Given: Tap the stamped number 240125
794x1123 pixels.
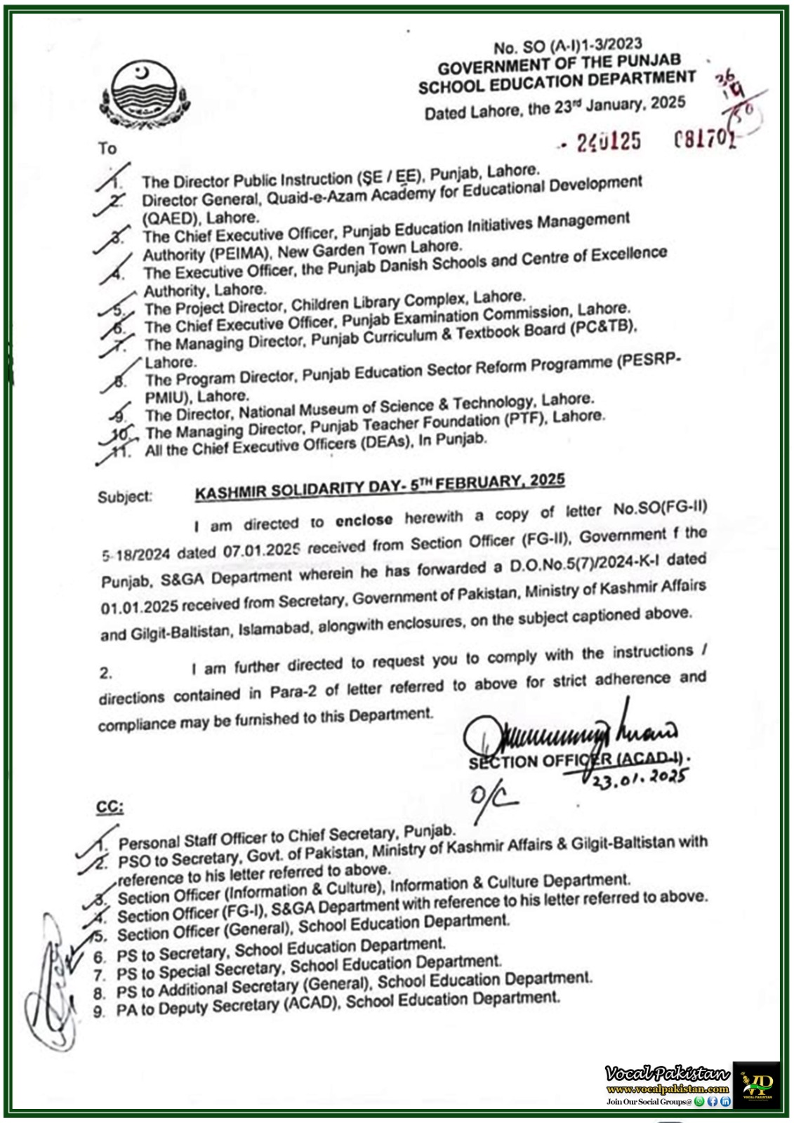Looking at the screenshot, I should [x=609, y=142].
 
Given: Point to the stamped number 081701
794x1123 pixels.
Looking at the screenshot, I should [x=705, y=138].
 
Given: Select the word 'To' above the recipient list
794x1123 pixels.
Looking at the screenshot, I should [x=107, y=148].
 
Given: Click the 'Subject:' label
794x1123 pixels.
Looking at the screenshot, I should [x=124, y=497].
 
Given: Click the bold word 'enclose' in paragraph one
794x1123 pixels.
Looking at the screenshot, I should [x=364, y=520].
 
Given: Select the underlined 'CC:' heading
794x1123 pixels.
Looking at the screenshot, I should [x=110, y=807].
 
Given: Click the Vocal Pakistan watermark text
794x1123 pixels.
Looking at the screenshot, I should [x=667, y=1073].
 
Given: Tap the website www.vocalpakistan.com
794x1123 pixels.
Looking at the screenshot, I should [x=667, y=1089].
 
